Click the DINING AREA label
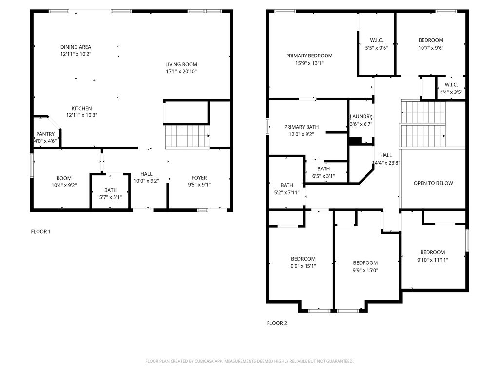[x=76, y=47]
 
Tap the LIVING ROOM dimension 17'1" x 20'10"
[x=181, y=72]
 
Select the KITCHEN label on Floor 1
[x=81, y=108]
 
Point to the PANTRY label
[x=45, y=134]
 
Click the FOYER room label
[x=199, y=178]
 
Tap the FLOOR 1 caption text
[x=40, y=232]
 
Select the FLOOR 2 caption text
[x=277, y=323]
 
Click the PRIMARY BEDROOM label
[x=309, y=56]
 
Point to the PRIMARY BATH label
[x=302, y=127]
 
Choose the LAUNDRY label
[x=361, y=117]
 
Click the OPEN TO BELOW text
[x=433, y=183]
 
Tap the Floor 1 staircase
[x=187, y=136]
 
